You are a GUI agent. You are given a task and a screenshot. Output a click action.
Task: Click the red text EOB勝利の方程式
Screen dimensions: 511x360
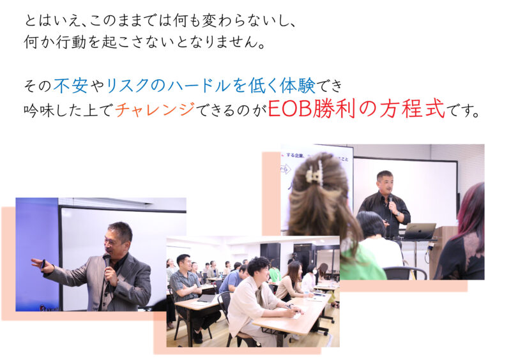coord(356,109)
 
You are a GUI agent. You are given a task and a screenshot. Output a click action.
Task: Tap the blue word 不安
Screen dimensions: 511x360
coord(71,86)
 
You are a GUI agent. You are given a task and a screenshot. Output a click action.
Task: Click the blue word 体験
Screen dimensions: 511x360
coord(298,86)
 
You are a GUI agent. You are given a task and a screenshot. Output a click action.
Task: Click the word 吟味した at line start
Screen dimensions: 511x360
coord(54,110)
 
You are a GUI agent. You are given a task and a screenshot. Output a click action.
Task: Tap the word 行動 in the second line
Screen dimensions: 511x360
coord(71,41)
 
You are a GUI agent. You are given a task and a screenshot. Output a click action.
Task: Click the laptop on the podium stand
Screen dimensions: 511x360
coord(420,231)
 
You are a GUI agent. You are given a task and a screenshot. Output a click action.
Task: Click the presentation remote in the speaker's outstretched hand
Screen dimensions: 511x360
coord(43,263)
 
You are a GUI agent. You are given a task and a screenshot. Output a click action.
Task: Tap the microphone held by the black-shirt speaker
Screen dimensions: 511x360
coord(391,201)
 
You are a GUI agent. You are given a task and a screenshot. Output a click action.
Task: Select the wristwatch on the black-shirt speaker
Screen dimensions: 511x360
coord(398,214)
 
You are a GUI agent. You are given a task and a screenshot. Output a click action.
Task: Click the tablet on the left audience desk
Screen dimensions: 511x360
coord(206,299)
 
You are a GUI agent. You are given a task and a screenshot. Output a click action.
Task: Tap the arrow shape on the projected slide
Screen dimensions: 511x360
coord(286,169)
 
